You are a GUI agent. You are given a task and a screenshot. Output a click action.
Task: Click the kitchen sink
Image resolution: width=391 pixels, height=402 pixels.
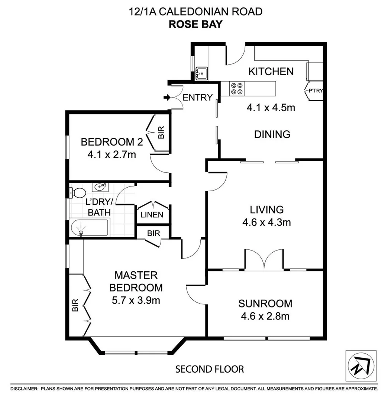click(x=202, y=73)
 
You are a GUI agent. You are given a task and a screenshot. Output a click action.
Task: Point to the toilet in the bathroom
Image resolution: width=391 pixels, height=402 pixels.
click(x=77, y=193)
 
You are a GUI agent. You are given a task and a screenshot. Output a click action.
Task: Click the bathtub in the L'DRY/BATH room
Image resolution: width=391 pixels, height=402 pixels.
click(x=89, y=228)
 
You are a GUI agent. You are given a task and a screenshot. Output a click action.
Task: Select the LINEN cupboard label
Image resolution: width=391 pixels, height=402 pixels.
click(x=152, y=215)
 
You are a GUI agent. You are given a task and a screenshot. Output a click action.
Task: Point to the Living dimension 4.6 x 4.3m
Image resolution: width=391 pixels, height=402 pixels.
click(x=266, y=223)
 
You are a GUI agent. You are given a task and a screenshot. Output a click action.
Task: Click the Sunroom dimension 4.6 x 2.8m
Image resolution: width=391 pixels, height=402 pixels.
click(x=265, y=317)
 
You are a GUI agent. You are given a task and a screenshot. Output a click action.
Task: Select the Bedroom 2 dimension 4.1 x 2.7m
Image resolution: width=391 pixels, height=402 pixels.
click(x=112, y=154)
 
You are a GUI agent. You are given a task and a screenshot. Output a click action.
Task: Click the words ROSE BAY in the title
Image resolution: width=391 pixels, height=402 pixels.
click(x=195, y=24)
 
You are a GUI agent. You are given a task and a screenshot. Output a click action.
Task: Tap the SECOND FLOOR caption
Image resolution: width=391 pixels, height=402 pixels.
click(x=210, y=369)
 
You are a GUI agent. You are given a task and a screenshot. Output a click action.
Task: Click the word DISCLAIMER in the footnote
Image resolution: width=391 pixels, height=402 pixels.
click(x=24, y=389)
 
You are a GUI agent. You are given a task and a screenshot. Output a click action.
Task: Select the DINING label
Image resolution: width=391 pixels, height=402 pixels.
click(x=272, y=134)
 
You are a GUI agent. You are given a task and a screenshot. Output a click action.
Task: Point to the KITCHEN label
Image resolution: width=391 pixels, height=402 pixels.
click(x=271, y=71)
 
